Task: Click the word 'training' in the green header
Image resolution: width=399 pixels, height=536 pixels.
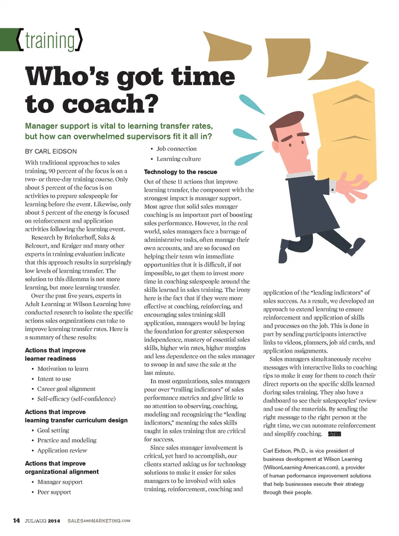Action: (x=50, y=41)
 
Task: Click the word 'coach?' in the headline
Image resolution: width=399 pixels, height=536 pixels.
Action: (x=116, y=103)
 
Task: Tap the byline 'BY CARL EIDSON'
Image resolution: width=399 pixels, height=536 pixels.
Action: (x=51, y=151)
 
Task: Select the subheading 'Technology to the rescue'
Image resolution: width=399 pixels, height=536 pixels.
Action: (x=180, y=172)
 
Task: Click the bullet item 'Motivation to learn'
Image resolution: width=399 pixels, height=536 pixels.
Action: (x=63, y=369)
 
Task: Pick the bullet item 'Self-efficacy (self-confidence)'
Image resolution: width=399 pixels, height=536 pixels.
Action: (x=76, y=398)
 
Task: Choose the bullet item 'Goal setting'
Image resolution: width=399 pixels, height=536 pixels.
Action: (x=53, y=430)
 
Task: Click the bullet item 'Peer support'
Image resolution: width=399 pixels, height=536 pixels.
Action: (x=54, y=492)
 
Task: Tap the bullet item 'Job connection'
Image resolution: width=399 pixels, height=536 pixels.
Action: (x=177, y=149)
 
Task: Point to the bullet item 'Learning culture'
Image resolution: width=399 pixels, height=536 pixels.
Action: (x=179, y=159)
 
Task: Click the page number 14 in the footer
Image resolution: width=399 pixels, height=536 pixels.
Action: (x=17, y=521)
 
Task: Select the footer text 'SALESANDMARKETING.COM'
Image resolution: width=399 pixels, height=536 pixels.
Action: (x=99, y=521)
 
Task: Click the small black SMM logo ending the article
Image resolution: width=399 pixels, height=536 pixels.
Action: (x=334, y=434)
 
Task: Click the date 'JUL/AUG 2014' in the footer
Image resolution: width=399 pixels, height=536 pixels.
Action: (x=42, y=521)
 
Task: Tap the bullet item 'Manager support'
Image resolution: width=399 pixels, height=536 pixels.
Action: (x=60, y=482)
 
